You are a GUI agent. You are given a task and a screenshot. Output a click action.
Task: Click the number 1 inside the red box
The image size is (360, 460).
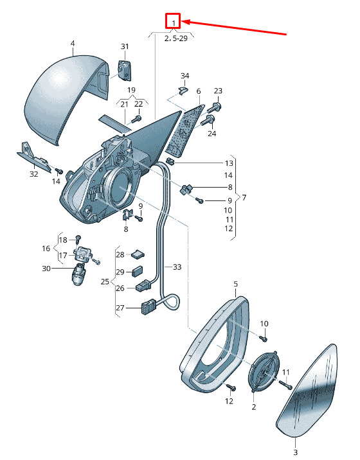(x=174, y=22)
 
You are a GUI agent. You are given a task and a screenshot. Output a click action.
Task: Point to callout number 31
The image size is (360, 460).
(x=125, y=46)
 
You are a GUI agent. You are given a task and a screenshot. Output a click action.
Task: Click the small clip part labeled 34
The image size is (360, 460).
(x=183, y=91)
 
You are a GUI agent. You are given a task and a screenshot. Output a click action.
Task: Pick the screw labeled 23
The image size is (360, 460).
(x=215, y=108)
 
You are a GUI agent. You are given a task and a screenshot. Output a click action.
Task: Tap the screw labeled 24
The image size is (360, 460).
(x=208, y=121)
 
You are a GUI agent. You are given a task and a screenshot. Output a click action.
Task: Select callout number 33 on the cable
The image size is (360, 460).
(x=177, y=267)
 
